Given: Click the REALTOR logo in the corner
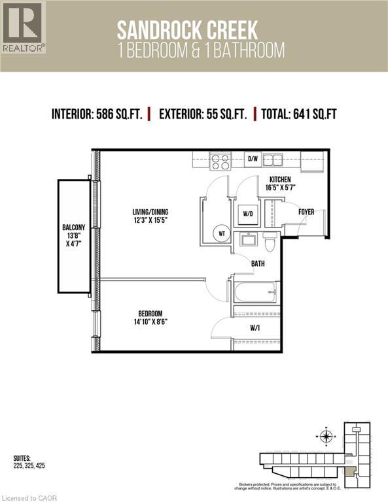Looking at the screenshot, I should [24, 27].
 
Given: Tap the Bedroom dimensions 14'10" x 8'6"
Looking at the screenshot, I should [150, 322].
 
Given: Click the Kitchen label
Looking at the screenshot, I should [280, 180].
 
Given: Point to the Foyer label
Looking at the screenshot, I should [306, 212].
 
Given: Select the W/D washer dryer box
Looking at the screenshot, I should [247, 213].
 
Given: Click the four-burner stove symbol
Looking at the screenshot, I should [220, 161].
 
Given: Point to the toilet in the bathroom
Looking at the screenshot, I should [270, 243].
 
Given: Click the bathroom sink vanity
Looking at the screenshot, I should [247, 241].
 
